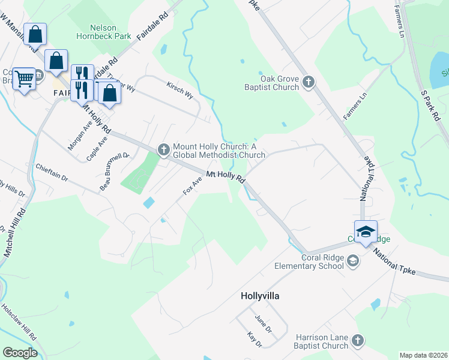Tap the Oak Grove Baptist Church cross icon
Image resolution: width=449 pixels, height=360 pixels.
coord(309,82)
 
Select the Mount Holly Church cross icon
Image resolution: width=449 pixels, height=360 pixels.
coord(163,149)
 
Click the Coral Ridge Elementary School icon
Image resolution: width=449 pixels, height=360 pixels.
coord(354,260)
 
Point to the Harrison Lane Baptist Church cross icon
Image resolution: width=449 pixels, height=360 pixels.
coord(358,341)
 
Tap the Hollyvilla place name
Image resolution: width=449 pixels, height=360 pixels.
coord(260,296)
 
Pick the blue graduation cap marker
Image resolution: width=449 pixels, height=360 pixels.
coord(365,231)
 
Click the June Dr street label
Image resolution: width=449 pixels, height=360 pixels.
coord(264,325)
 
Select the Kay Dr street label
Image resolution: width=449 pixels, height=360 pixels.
coord(255,340)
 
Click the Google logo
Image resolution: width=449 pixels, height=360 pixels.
coord(19,352)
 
